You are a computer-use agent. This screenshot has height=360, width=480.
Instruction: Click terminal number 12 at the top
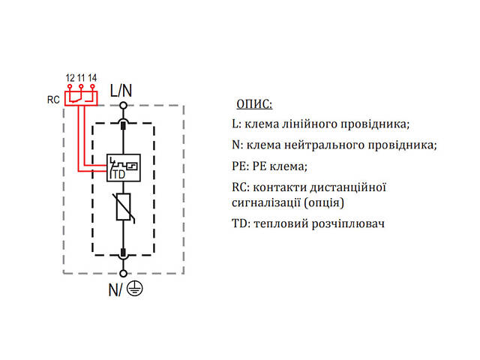(70, 78)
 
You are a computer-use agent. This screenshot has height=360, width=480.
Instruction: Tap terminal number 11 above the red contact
(81, 78)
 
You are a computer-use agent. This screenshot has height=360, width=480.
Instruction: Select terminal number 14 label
(92, 78)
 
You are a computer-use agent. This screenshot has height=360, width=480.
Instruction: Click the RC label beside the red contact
(53, 98)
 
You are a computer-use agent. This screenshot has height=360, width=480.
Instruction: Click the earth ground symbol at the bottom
(135, 289)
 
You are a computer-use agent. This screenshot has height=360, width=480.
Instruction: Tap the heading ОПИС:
(254, 103)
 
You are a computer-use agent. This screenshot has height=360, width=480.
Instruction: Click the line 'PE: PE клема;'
(270, 166)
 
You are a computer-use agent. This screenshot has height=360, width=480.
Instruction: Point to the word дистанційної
(347, 187)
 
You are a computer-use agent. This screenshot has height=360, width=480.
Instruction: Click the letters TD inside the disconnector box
(118, 174)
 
